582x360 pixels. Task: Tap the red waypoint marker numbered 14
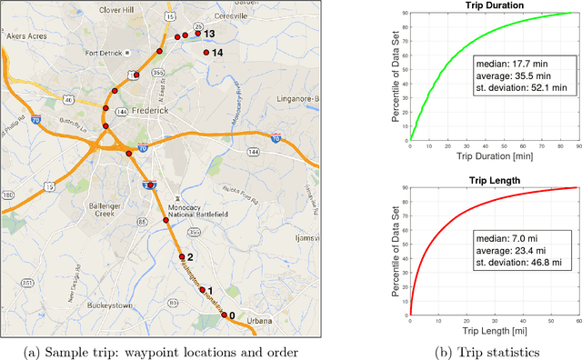(206, 53)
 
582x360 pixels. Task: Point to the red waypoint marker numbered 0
(224, 315)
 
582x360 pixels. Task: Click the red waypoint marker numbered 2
(181, 256)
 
